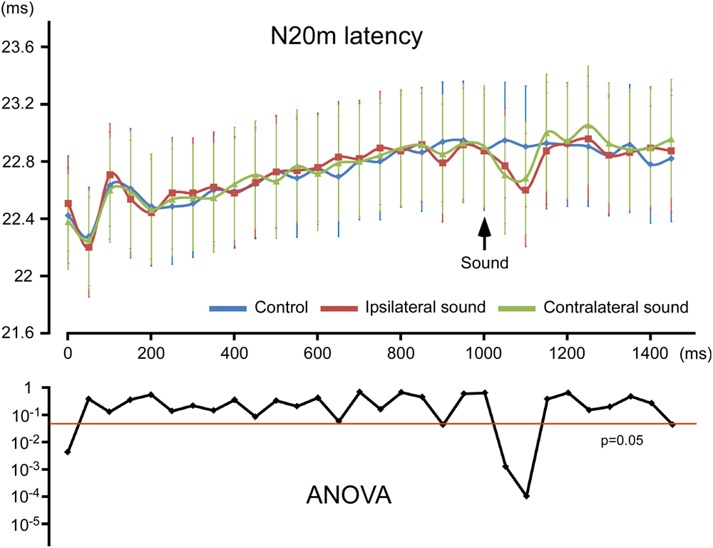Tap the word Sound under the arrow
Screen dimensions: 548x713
coord(484,263)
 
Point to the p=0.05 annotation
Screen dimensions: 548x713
coord(622,441)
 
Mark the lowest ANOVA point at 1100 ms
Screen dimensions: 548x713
coord(526,496)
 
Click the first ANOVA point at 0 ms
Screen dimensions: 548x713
coord(67,452)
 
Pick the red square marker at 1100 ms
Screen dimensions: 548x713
coord(525,190)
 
